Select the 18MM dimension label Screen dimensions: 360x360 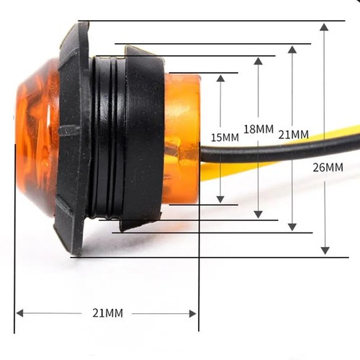tap(258, 129)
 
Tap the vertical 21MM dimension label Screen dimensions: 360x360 tap(294, 135)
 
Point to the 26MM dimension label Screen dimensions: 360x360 tap(328, 167)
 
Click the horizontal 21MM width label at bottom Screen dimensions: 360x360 tap(107, 312)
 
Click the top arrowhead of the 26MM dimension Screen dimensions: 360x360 tap(325, 27)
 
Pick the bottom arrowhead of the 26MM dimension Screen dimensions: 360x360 tap(325, 250)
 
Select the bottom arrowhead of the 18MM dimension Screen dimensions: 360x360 tap(258, 213)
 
